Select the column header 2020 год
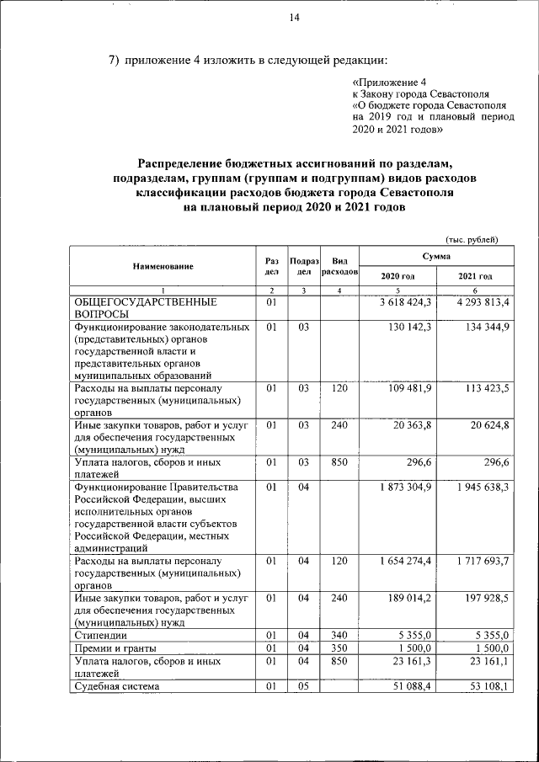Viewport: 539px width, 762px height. tap(398, 276)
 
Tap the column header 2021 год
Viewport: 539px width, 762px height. tap(475, 276)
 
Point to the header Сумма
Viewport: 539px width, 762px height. tap(436, 255)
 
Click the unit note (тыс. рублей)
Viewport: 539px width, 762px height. tap(472, 239)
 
